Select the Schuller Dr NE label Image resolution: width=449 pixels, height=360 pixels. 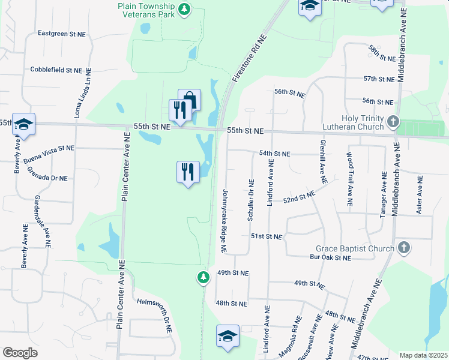tap(250, 199)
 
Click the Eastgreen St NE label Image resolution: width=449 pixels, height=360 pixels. tap(62, 34)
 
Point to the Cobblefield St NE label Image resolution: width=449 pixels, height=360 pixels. tap(56, 70)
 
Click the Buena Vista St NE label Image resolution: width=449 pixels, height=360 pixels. tap(49, 148)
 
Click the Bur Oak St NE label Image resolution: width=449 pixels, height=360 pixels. tap(330, 258)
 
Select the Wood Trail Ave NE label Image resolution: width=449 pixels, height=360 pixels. tap(349, 180)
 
